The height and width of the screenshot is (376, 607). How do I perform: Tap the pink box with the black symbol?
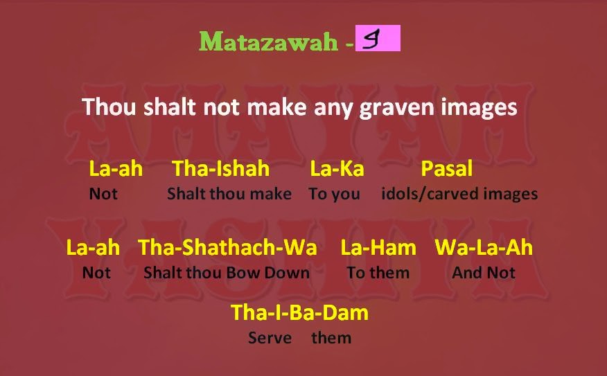[377, 39]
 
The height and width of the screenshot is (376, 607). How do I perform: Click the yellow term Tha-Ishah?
[221, 168]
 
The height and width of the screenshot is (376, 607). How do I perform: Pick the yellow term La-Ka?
[337, 168]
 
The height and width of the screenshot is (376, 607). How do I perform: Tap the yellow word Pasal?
[447, 168]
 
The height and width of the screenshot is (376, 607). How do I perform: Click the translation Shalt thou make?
[229, 194]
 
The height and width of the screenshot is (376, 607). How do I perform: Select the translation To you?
[335, 194]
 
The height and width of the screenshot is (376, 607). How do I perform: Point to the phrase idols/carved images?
[459, 194]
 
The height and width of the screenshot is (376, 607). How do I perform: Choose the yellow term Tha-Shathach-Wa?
[227, 247]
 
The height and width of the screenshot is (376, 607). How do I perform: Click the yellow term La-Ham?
[378, 247]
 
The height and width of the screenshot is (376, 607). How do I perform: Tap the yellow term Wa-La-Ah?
[484, 247]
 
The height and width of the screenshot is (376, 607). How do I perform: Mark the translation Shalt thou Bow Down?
[227, 273]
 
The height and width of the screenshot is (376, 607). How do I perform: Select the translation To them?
[378, 273]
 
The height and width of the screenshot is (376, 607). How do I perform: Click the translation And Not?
[484, 273]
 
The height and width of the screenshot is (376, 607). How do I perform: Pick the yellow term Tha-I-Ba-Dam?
[299, 312]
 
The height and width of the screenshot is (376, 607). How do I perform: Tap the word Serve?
[270, 338]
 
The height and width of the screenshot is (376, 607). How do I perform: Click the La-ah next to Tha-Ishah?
[116, 168]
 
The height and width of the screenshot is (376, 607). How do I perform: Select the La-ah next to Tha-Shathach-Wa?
[93, 247]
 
